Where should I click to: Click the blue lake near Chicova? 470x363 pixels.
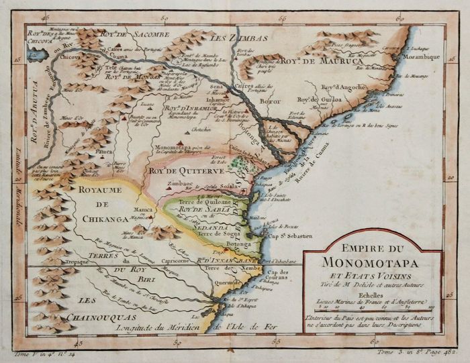click(x=39, y=54)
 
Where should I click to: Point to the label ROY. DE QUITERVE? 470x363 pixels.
click(x=175, y=170)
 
